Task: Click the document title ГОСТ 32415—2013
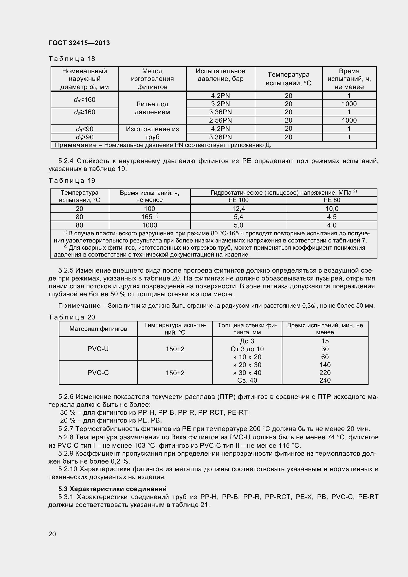click(x=79, y=43)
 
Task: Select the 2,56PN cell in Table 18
click(x=220, y=120)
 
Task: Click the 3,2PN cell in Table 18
click(x=220, y=104)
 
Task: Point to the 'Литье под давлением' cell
click(x=152, y=108)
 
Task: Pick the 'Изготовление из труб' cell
click(x=152, y=133)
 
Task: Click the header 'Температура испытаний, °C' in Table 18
click(x=288, y=79)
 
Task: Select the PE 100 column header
click(x=239, y=200)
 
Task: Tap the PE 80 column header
click(x=332, y=200)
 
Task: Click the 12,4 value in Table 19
click(x=239, y=209)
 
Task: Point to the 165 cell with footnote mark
click(x=150, y=217)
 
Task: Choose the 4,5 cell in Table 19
click(x=332, y=217)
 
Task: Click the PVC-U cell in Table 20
click(x=98, y=349)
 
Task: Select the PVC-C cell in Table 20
click(x=98, y=373)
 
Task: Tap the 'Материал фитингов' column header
click(x=98, y=329)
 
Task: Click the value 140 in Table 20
click(x=325, y=365)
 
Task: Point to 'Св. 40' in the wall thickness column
click(x=247, y=380)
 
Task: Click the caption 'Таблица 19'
click(x=72, y=181)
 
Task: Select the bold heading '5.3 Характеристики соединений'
click(x=112, y=489)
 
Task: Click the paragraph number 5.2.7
click(x=66, y=429)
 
